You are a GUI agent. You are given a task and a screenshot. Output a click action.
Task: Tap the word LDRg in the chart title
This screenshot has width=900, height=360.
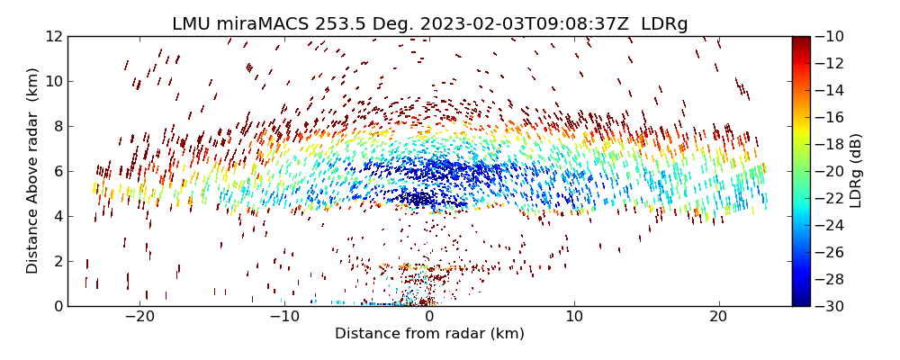point(664,24)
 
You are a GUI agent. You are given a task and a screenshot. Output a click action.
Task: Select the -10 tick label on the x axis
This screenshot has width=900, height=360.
point(284,317)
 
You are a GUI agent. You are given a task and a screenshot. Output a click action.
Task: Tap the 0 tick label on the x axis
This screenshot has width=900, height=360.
point(429,317)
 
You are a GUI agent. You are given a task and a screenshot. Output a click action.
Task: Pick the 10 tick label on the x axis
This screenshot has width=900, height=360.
point(573,317)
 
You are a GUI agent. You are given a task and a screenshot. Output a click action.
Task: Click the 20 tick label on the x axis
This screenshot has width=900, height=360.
point(718,317)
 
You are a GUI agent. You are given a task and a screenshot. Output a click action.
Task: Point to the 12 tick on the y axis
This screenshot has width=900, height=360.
point(54,37)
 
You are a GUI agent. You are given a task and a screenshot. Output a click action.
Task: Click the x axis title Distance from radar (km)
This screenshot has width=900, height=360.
point(429,334)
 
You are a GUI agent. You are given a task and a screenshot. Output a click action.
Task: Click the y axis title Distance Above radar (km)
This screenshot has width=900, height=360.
point(33,171)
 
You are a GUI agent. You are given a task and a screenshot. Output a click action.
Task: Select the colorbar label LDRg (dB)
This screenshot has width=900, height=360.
point(856,171)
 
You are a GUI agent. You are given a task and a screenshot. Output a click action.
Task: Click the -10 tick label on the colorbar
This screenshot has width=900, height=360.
point(829,37)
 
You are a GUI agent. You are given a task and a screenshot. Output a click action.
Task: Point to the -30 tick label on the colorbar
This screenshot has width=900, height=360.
point(829,306)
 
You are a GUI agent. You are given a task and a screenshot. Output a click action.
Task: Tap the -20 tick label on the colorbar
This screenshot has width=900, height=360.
point(829,171)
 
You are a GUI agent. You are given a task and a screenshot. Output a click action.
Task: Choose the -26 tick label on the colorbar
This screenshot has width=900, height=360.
point(829,252)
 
